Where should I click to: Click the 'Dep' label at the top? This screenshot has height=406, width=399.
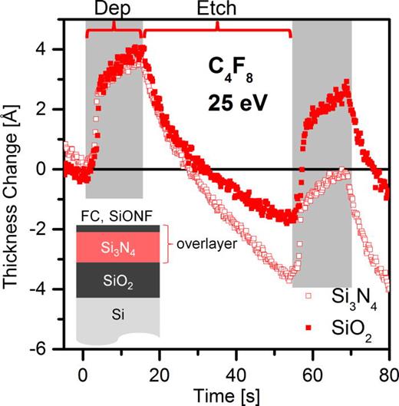tap(114, 11)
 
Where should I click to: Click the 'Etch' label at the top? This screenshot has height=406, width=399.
tap(217, 11)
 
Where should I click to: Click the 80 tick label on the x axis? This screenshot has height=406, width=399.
tap(388, 365)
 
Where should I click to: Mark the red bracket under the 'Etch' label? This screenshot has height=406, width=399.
tap(217, 31)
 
